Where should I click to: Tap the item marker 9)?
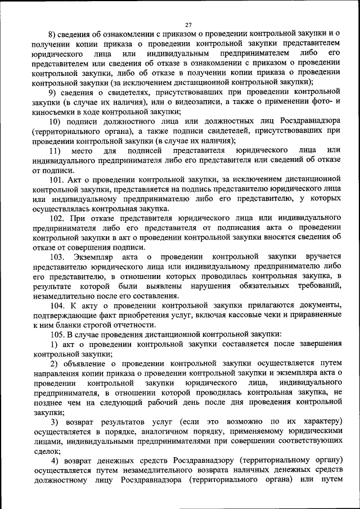point(52,92)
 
